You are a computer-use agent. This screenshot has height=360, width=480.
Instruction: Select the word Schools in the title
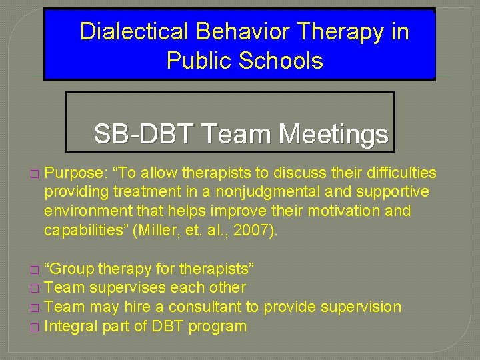[x=281, y=61]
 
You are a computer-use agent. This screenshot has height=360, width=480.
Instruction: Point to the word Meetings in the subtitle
[x=333, y=135]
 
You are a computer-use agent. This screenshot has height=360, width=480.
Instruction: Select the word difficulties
[x=397, y=173]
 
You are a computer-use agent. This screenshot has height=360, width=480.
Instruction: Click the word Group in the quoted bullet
[x=71, y=269]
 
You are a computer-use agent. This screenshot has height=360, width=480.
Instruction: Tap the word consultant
[x=207, y=307]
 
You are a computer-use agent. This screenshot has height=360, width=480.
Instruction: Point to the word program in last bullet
[x=217, y=327]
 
